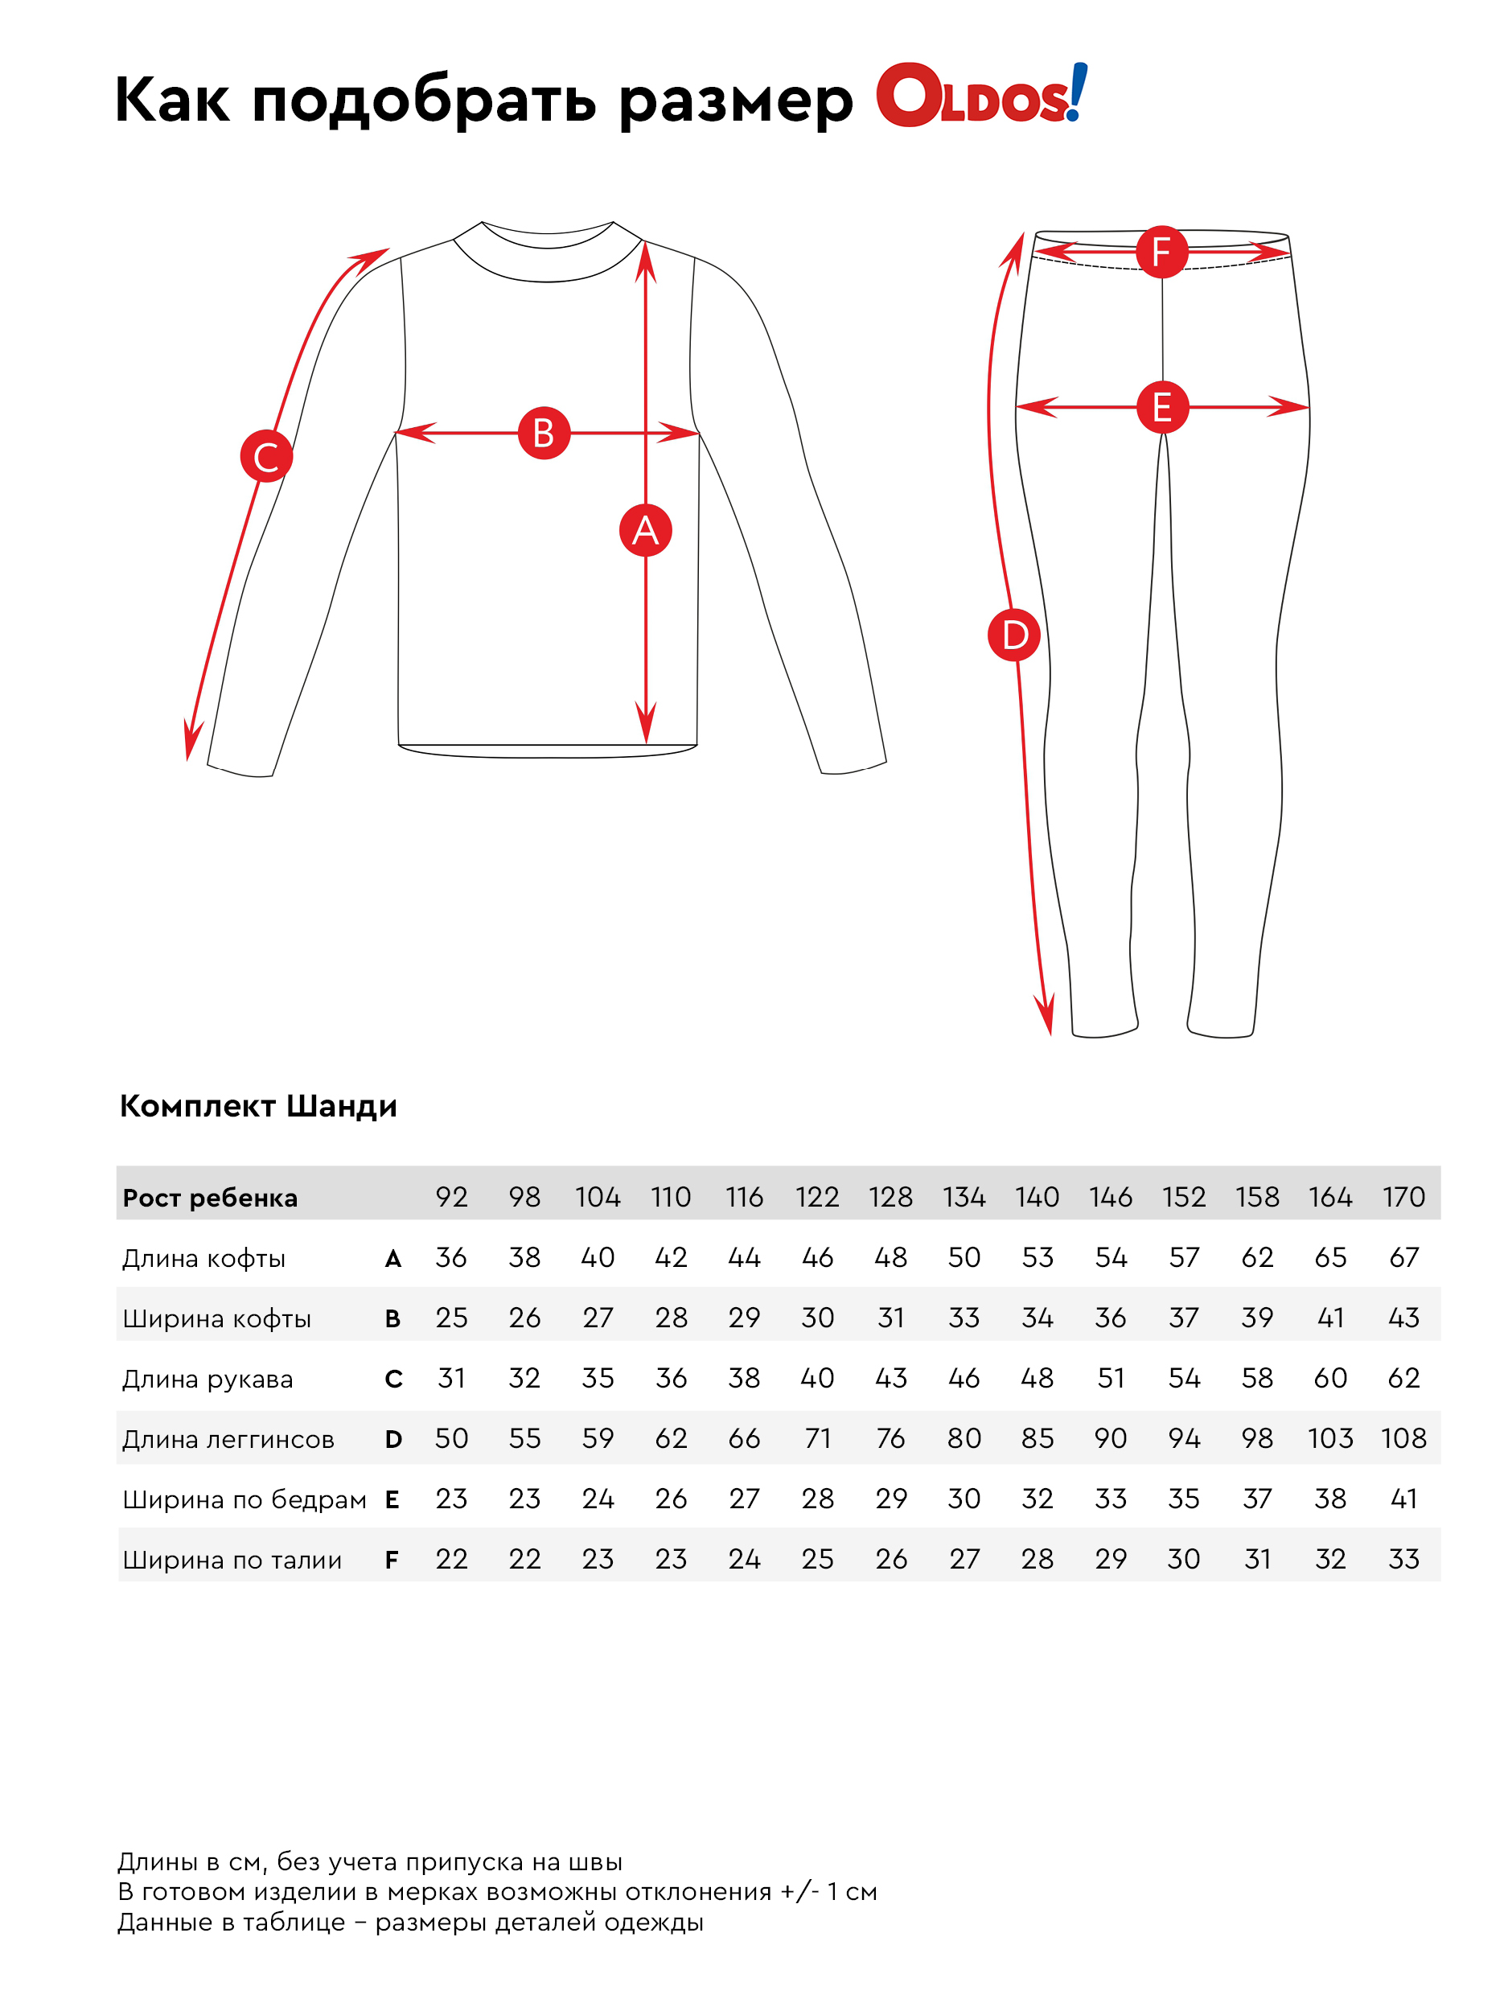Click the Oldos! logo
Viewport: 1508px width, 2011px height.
click(980, 96)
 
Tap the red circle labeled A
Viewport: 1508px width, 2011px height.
click(644, 529)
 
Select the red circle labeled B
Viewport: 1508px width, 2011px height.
click(544, 433)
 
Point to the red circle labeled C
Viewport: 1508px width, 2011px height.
click(265, 456)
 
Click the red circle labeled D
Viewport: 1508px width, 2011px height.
click(1013, 635)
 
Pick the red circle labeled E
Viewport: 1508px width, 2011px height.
click(1161, 406)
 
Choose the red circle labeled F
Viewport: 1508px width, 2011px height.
click(1161, 252)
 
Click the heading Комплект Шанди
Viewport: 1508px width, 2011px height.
click(258, 1105)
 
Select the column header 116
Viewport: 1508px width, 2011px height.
click(744, 1196)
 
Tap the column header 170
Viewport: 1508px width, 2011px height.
click(1403, 1196)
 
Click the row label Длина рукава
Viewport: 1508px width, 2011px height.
click(208, 1378)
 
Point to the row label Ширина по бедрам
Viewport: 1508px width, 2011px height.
click(244, 1499)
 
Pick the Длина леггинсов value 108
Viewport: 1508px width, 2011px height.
click(1403, 1438)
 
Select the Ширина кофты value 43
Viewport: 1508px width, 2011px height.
click(1403, 1318)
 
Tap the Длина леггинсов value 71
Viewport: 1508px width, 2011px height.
click(817, 1438)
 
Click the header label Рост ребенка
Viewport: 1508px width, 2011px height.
click(210, 1197)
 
